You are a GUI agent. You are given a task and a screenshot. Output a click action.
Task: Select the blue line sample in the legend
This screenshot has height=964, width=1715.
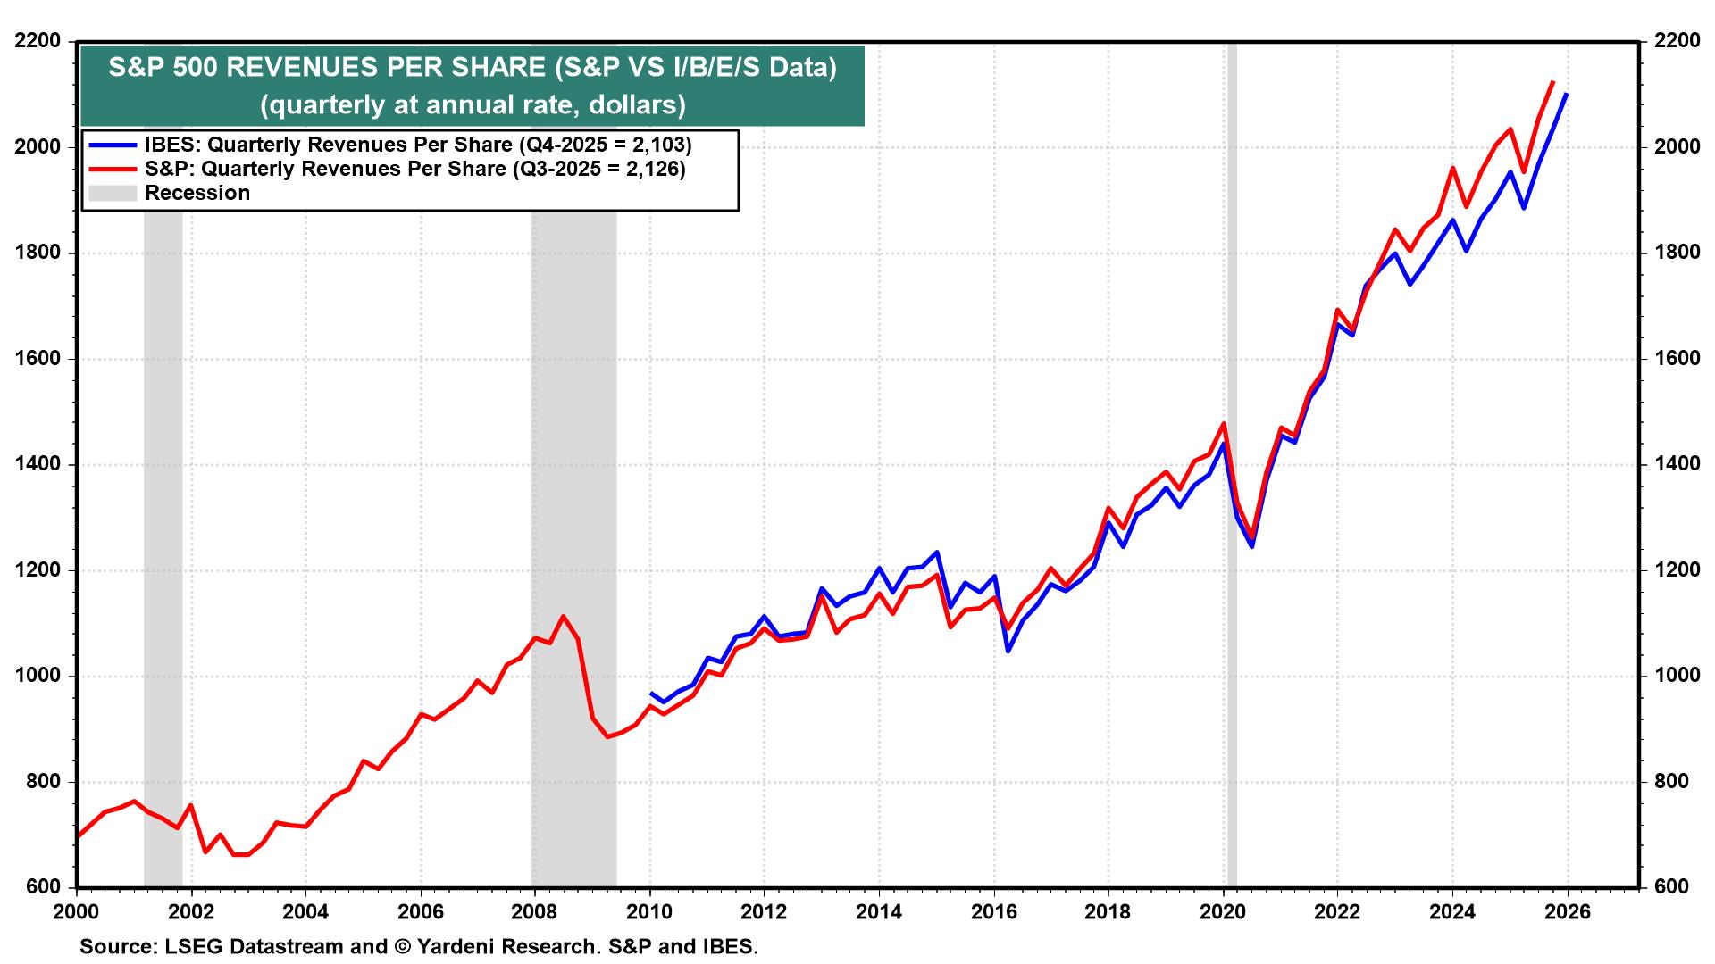[x=113, y=145]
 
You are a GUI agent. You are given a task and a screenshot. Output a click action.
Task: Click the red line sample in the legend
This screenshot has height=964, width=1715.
[x=113, y=169]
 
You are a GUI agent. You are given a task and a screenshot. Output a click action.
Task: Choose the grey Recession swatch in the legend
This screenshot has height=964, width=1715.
[x=113, y=193]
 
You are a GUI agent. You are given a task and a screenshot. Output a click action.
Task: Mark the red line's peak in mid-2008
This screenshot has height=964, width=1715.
[x=563, y=616]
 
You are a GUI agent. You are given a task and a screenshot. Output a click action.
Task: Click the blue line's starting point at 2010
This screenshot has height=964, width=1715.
[x=650, y=693]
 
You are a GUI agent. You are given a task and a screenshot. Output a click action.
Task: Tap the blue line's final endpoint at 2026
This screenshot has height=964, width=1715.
[x=1567, y=94]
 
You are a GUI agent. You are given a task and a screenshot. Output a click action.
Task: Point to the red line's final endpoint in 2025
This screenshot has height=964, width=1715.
[x=1552, y=82]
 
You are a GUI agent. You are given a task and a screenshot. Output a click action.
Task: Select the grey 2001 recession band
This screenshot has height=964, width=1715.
[x=163, y=536]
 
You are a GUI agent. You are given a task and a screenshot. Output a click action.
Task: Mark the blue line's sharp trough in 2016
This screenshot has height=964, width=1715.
[x=1008, y=651]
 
